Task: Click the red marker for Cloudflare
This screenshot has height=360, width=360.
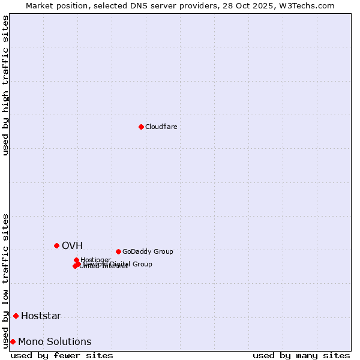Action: click(141, 127)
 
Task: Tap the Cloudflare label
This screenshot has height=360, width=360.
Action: click(161, 127)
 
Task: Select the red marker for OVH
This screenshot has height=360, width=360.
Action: click(56, 245)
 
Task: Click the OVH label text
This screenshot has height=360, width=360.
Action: click(72, 245)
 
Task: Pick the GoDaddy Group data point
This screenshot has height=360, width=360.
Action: click(118, 251)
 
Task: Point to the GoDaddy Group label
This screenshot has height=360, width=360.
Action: click(148, 251)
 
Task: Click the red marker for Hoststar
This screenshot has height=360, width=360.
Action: click(16, 316)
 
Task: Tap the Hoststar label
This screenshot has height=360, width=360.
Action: click(41, 316)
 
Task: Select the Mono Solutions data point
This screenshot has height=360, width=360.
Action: click(13, 341)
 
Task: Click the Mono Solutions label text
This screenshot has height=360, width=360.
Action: click(55, 341)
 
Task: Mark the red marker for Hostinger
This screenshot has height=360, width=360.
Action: click(76, 260)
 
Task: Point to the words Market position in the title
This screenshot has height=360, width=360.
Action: click(52, 5)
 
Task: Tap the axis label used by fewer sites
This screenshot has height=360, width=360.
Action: click(62, 355)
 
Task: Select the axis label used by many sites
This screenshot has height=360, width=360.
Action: click(301, 355)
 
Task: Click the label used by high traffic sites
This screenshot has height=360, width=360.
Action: click(6, 85)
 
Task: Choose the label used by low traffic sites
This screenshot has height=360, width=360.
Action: click(6, 280)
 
